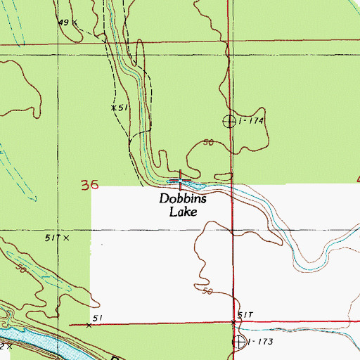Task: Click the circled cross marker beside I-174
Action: [x=229, y=121]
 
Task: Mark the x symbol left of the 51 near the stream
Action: [x=113, y=108]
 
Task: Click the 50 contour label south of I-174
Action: [x=208, y=143]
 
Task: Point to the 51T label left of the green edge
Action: [x=51, y=238]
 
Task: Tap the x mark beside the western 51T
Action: [x=67, y=239]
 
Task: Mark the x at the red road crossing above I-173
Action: [x=235, y=322]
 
